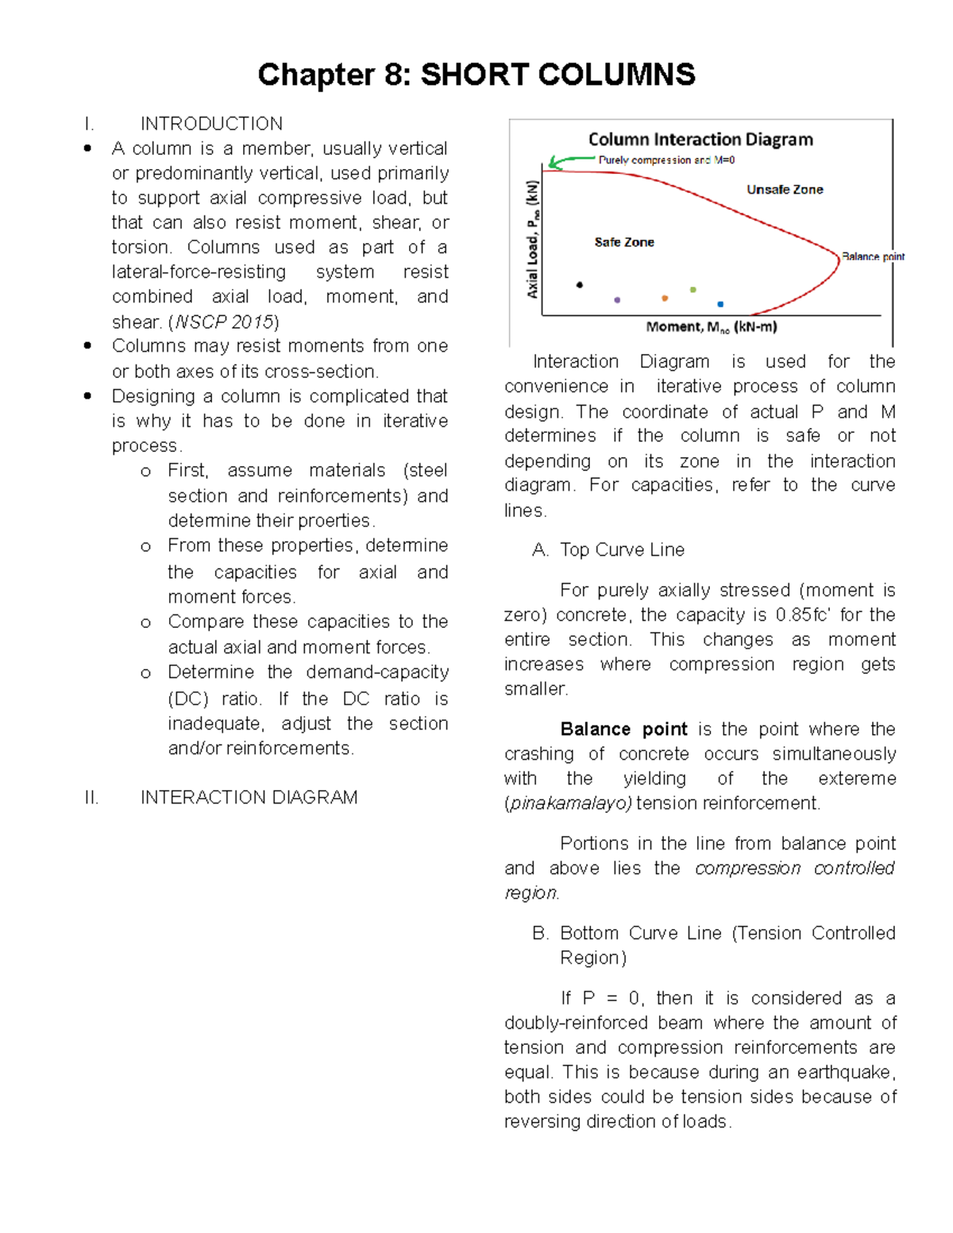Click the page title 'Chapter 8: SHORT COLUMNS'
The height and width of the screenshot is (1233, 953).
(476, 75)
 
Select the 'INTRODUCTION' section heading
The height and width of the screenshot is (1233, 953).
(211, 124)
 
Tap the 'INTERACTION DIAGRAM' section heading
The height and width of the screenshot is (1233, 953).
(249, 797)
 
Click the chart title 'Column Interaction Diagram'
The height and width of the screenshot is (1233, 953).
(700, 140)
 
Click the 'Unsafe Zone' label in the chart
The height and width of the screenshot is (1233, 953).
(785, 190)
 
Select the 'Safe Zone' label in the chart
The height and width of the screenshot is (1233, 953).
(624, 242)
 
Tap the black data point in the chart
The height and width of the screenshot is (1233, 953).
(580, 284)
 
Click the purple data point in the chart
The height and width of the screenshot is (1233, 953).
(617, 300)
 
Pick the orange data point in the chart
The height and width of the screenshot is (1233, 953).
(665, 299)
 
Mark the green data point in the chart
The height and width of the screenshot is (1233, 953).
(693, 290)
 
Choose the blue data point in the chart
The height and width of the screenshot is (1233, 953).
(720, 304)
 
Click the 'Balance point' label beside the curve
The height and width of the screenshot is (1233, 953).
(873, 256)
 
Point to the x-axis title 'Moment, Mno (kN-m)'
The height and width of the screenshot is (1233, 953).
(712, 327)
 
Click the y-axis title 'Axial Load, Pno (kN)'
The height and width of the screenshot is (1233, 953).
(533, 239)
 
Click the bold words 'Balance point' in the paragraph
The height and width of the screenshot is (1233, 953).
(623, 729)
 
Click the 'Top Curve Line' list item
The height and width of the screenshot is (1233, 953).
(622, 549)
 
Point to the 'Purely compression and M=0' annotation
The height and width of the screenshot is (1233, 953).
(666, 160)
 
